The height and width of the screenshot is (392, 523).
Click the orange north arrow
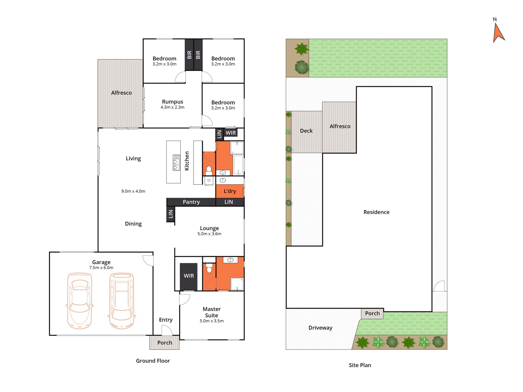tap(498, 33)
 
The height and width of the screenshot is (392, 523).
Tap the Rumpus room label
tap(173, 102)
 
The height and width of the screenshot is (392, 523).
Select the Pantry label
tap(191, 202)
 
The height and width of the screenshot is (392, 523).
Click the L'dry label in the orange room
tap(230, 191)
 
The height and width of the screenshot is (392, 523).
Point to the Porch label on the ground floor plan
tap(165, 343)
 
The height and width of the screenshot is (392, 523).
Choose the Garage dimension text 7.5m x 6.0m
tap(101, 268)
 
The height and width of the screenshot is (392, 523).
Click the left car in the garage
tap(80, 301)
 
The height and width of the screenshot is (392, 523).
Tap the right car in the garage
tap(122, 301)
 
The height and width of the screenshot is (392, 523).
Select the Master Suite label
tap(212, 312)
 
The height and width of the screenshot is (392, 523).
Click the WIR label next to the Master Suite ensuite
tap(189, 276)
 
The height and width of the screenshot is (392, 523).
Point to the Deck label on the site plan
tap(306, 131)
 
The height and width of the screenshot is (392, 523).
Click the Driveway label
tap(320, 328)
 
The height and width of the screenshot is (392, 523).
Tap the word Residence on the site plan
tap(376, 212)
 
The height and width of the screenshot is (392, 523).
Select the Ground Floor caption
tap(153, 361)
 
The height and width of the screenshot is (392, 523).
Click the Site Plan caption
tap(360, 365)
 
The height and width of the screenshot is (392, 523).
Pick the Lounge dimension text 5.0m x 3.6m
tap(209, 234)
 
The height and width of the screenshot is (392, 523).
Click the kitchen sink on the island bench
tap(176, 163)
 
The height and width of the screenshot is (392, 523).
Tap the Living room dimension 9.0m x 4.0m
tap(133, 191)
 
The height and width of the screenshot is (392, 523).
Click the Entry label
tap(166, 320)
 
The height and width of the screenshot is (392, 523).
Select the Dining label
tap(133, 224)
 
